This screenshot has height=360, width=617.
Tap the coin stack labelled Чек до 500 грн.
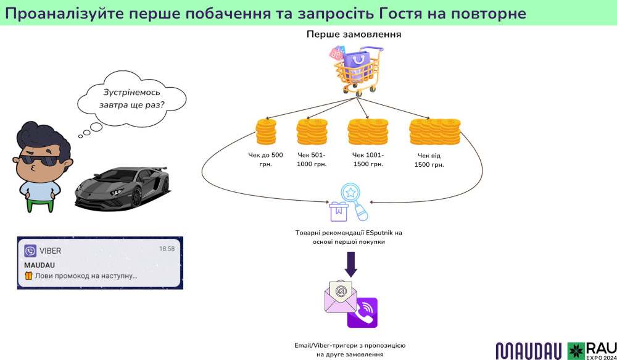pyautogui.click(x=266, y=132)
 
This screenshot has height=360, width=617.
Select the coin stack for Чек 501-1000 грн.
pyautogui.click(x=312, y=132)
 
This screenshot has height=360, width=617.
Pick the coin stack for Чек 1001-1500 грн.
pyautogui.click(x=367, y=132)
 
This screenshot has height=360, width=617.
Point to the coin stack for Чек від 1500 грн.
pyautogui.click(x=434, y=132)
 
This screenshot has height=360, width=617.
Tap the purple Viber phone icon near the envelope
pyautogui.click(x=362, y=312)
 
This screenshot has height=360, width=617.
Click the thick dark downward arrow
pyautogui.click(x=350, y=265)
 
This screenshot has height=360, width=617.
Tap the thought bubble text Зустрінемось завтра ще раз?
pyautogui.click(x=132, y=99)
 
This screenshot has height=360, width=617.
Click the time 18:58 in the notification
pyautogui.click(x=167, y=249)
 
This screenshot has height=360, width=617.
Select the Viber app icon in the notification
pyautogui.click(x=30, y=251)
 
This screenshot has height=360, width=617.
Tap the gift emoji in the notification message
pyautogui.click(x=28, y=276)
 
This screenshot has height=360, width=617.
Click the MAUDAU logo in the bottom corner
pyautogui.click(x=528, y=350)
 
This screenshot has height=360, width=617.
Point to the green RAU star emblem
pyautogui.click(x=576, y=350)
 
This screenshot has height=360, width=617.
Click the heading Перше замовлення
pyautogui.click(x=354, y=35)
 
